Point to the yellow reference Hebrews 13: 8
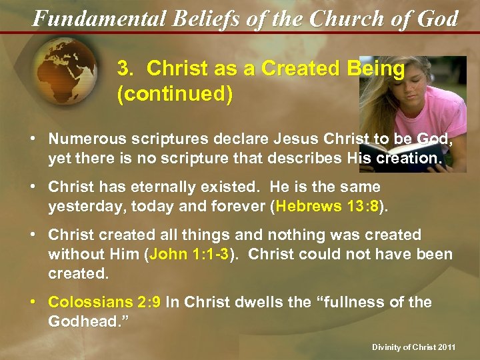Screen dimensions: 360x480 point(327,206)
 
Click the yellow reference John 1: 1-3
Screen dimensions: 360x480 point(189,254)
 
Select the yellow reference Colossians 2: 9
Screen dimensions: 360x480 point(104,302)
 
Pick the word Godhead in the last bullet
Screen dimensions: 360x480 point(80,321)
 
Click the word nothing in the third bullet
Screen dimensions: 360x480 point(295,235)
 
